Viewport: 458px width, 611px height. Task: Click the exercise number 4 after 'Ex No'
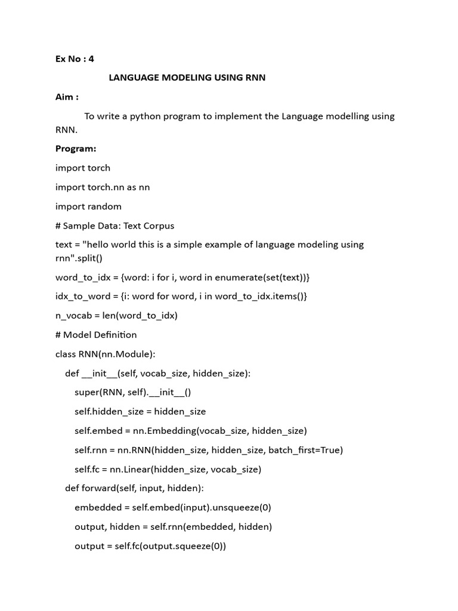click(91, 58)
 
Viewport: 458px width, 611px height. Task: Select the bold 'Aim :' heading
click(67, 97)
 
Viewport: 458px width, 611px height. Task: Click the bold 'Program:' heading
click(76, 149)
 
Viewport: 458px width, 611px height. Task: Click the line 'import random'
click(88, 206)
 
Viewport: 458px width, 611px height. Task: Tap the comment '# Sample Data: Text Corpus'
click(114, 226)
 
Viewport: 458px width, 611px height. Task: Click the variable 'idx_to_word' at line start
click(80, 297)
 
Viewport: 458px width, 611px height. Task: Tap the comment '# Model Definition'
click(96, 335)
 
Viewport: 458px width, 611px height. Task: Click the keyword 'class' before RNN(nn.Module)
click(66, 354)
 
